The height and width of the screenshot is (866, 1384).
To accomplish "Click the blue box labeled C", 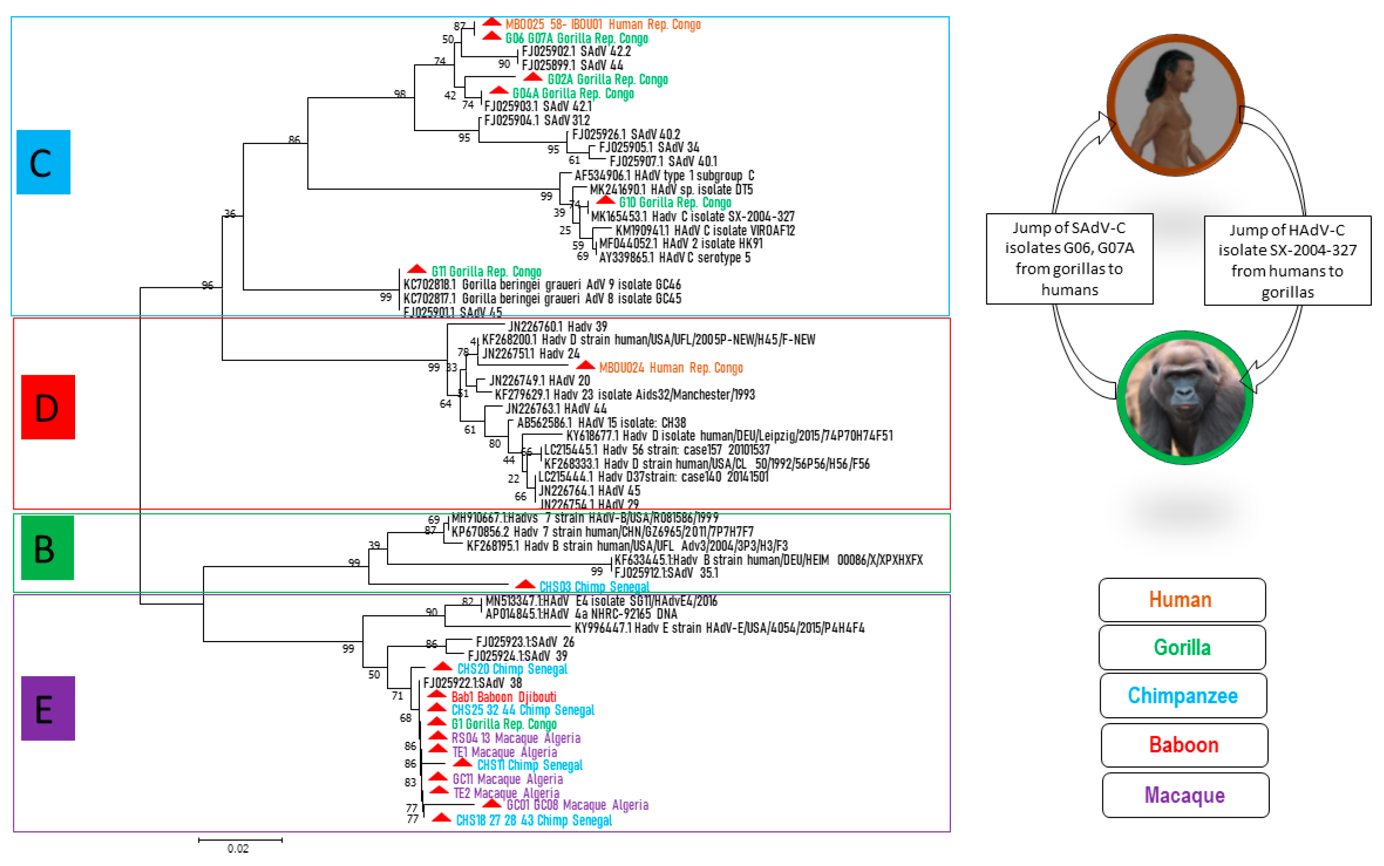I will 43,162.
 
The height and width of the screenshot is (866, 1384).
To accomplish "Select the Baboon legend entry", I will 1184,744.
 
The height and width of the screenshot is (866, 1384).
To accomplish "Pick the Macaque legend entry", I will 1185,795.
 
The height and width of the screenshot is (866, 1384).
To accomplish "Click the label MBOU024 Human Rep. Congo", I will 670,368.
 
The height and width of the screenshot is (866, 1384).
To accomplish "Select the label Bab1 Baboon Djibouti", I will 503,697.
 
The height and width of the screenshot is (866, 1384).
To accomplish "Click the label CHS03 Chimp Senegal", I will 594,587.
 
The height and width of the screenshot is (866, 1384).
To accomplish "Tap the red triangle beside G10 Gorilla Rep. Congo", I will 605,200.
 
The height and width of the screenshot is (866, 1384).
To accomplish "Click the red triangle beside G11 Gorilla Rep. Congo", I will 417,269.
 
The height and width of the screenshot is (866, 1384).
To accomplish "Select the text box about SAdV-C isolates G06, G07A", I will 1069,259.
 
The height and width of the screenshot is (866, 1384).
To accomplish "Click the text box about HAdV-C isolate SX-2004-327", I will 1287,261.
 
